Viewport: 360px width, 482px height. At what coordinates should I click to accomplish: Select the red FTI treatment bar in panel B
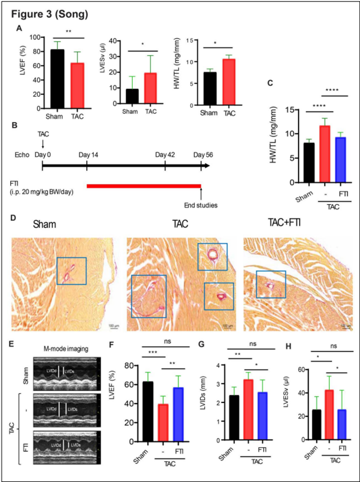click(144, 185)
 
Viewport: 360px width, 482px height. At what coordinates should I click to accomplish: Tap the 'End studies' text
click(201, 205)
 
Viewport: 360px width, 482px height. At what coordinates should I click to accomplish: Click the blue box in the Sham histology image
click(72, 271)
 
